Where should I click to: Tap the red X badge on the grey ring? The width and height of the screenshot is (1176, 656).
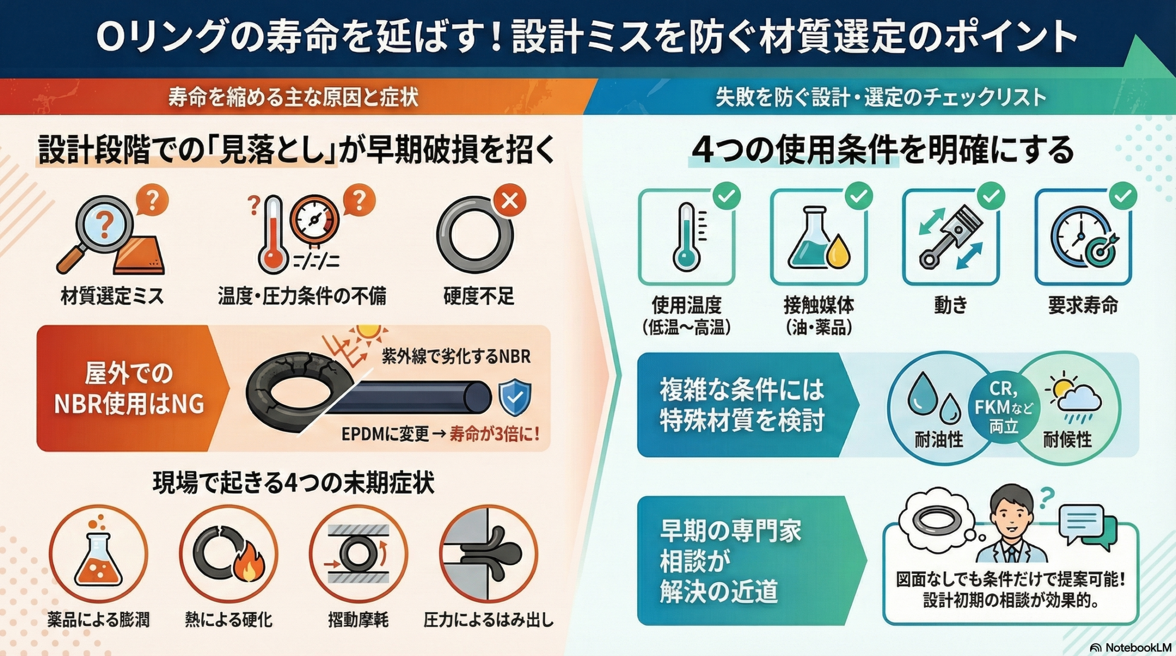[x=509, y=201]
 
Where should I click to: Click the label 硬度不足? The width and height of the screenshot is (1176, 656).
[x=478, y=296]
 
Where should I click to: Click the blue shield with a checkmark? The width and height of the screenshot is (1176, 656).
[x=515, y=397]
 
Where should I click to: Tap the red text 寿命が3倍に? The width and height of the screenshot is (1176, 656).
[x=494, y=434]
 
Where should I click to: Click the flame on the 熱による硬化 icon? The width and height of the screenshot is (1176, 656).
[x=249, y=568]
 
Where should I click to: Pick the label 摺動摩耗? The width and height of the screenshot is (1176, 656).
[x=358, y=620]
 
